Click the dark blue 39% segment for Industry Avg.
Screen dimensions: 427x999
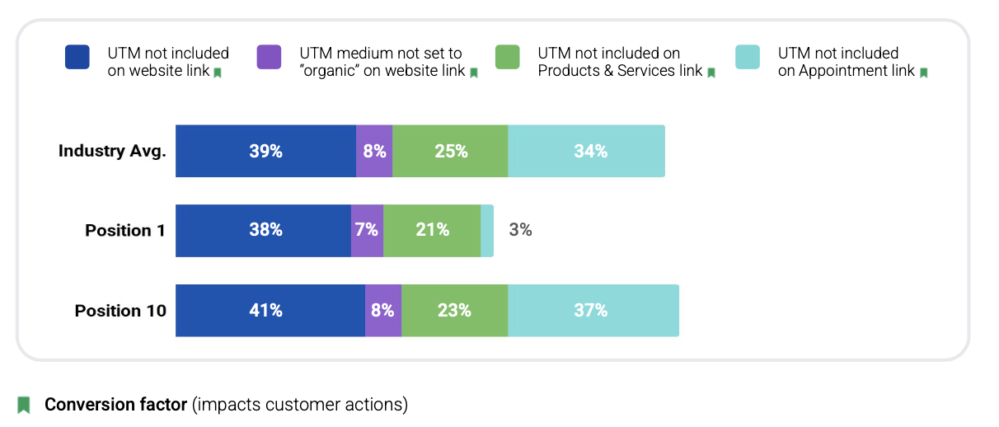click(x=265, y=151)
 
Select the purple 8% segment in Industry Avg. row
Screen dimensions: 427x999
click(x=374, y=151)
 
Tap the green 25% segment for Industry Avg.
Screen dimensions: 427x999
click(x=450, y=151)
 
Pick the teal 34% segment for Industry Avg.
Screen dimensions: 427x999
click(x=586, y=151)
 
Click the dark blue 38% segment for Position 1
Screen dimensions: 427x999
click(x=263, y=231)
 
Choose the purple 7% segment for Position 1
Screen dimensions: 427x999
click(x=367, y=231)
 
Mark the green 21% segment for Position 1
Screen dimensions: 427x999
click(x=432, y=231)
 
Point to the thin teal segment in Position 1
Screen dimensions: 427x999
click(x=487, y=231)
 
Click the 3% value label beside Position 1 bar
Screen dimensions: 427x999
click(x=520, y=231)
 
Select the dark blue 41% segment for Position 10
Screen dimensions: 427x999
click(x=270, y=311)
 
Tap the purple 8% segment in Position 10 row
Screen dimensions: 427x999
click(x=383, y=311)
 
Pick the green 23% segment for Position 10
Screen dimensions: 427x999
click(x=454, y=311)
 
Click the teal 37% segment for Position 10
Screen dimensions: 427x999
click(x=593, y=311)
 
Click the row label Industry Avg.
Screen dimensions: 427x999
click(x=112, y=151)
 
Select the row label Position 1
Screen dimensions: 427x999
click(x=125, y=231)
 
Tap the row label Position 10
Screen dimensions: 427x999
click(x=120, y=311)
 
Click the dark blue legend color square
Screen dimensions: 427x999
click(x=77, y=57)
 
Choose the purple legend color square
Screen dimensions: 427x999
click(x=270, y=57)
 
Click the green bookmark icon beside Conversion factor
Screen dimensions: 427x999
click(x=24, y=405)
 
